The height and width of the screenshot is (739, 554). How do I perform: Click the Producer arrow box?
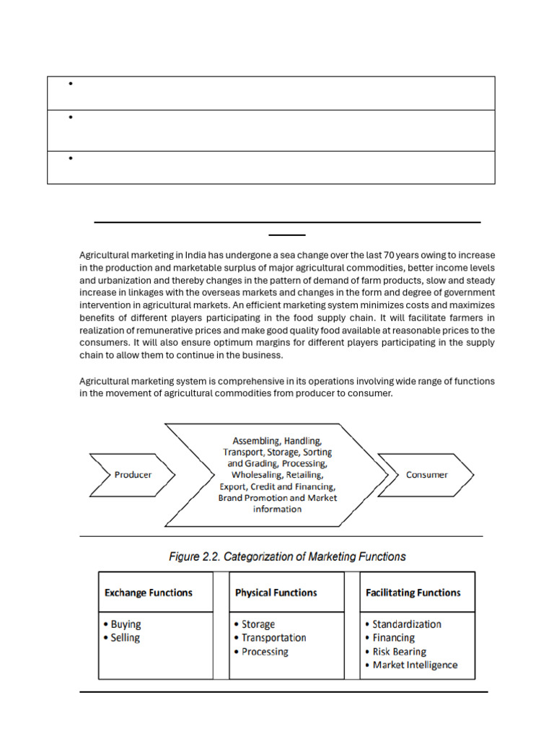(132, 475)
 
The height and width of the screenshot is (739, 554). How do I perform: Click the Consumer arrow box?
(426, 475)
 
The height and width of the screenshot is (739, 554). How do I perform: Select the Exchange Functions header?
(149, 592)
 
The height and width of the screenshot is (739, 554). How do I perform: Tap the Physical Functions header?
(276, 592)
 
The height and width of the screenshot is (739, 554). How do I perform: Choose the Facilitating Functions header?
(413, 592)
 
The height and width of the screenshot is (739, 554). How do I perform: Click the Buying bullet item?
(123, 624)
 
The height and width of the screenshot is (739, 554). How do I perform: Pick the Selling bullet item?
(123, 638)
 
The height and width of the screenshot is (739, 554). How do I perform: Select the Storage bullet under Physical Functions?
(254, 624)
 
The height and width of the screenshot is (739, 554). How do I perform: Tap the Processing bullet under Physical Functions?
(260, 652)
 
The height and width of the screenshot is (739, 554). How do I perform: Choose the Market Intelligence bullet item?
(411, 665)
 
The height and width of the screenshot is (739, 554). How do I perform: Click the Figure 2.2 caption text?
(287, 556)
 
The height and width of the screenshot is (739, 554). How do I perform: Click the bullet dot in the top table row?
(71, 84)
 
